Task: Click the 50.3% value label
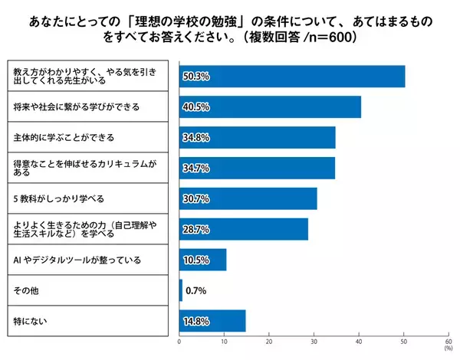point(196,77)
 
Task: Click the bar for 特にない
point(212,321)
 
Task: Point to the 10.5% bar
point(202,260)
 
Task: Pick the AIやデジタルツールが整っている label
point(77,260)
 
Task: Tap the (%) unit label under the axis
point(448,350)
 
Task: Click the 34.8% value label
point(196,138)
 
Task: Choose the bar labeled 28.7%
point(244,229)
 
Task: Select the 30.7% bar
point(248,198)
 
